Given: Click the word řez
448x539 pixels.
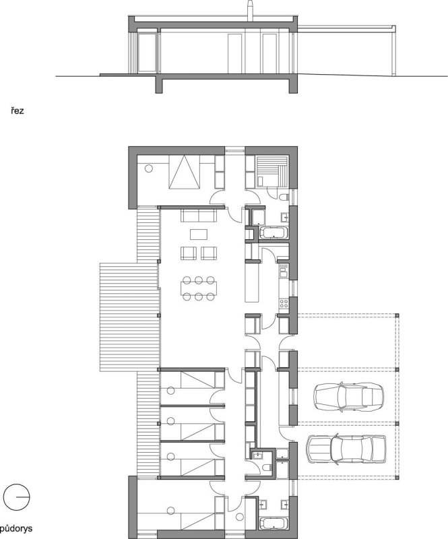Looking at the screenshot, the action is pyautogui.click(x=17, y=111).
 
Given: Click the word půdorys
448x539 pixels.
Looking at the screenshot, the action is pyautogui.click(x=16, y=528).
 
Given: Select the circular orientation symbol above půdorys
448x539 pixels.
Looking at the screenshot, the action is pyautogui.click(x=16, y=497).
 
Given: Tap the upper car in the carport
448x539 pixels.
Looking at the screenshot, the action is pyautogui.click(x=348, y=397).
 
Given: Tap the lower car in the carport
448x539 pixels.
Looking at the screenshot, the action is pyautogui.click(x=346, y=449).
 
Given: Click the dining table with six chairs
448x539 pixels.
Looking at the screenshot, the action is pyautogui.click(x=198, y=288).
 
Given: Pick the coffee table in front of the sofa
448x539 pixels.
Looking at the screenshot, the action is pyautogui.click(x=199, y=234).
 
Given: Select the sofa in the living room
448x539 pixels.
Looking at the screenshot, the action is pyautogui.click(x=199, y=216).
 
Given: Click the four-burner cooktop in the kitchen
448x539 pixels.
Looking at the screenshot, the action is pyautogui.click(x=284, y=303).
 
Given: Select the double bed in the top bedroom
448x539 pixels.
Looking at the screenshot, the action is pyautogui.click(x=185, y=172).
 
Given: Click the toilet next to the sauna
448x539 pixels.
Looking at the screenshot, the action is pyautogui.click(x=284, y=197).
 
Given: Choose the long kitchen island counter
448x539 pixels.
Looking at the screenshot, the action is pyautogui.click(x=251, y=282).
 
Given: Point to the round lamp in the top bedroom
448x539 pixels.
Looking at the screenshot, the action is pyautogui.click(x=148, y=168).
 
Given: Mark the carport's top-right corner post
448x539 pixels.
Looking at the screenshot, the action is pyautogui.click(x=397, y=315).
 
